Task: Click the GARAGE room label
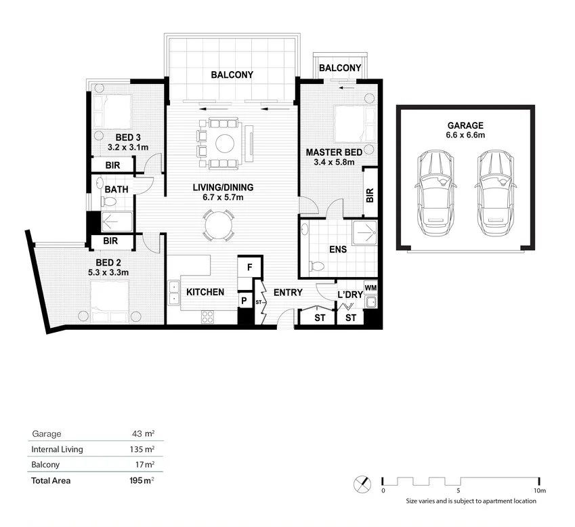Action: (465, 125)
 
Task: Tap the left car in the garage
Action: (435, 193)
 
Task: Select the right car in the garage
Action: (496, 193)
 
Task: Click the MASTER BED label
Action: (334, 152)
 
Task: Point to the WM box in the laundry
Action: (370, 288)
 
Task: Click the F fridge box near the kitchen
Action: (250, 267)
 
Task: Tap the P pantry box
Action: (244, 301)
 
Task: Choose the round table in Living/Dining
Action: (219, 225)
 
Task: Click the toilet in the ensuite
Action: (316, 265)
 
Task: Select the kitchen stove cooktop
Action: (207, 317)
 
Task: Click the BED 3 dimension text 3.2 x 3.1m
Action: (128, 148)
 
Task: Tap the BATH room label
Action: (116, 190)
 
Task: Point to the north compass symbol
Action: (362, 484)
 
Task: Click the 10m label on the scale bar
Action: (540, 490)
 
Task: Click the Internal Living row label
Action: (57, 449)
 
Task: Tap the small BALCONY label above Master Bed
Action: (340, 68)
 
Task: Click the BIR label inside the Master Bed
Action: (370, 195)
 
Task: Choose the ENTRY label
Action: (289, 293)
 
